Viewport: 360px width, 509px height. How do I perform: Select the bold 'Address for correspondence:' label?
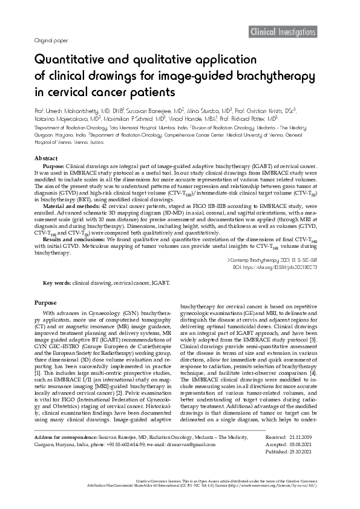[66, 452]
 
